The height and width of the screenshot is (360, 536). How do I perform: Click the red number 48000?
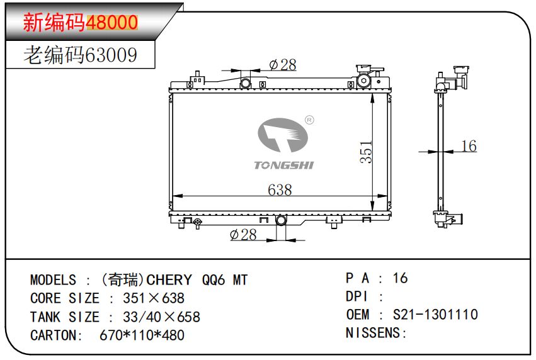coord(111,23)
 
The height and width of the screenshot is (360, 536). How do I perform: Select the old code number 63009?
coord(111,55)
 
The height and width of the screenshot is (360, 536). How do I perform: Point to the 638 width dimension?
coord(280,189)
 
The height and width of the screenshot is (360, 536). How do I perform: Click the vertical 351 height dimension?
coord(366,152)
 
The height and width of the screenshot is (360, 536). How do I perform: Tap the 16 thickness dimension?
coord(469,146)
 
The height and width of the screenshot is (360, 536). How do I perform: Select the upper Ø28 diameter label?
coord(282,64)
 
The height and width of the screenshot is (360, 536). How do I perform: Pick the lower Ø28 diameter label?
coord(243,235)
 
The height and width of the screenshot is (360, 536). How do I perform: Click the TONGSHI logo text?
coord(283,166)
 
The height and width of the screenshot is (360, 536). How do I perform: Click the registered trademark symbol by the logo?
coord(309,120)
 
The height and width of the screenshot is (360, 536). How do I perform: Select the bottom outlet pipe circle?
coord(281,221)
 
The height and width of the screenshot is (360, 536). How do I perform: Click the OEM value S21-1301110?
coord(435,314)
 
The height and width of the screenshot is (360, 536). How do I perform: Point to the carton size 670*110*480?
coord(142,335)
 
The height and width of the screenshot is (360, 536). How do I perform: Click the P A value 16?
coord(400,278)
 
